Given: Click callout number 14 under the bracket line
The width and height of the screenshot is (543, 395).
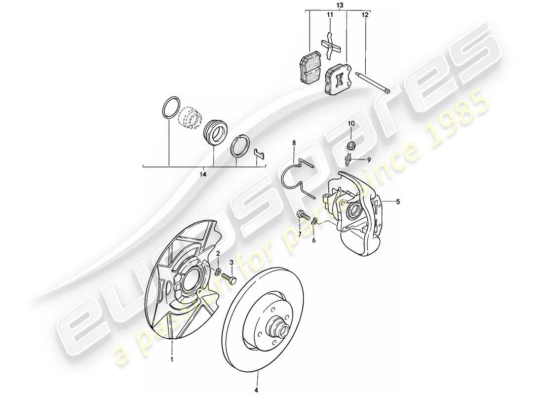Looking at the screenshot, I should [x=203, y=174].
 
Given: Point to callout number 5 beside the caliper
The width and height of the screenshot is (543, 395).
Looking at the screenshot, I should [x=397, y=201].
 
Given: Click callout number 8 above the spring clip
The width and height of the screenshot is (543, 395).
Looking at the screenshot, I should [x=294, y=143].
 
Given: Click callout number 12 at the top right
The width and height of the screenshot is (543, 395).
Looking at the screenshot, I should [x=365, y=15].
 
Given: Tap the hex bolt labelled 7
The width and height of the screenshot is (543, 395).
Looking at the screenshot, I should [x=303, y=215].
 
